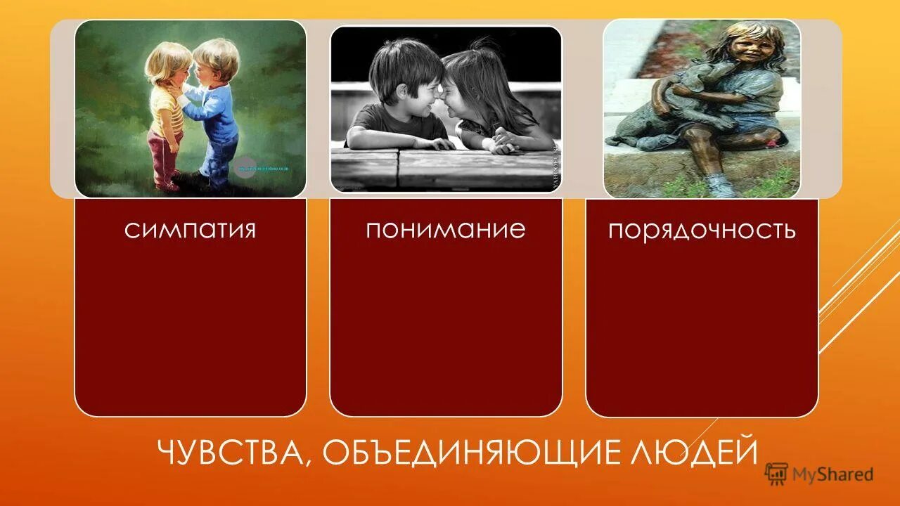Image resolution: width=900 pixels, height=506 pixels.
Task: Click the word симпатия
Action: click(190, 230)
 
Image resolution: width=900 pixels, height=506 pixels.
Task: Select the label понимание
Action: click(445, 229)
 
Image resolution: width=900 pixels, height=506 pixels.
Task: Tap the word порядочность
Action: click(702, 231)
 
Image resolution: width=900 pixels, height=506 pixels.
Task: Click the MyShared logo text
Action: click(832, 474)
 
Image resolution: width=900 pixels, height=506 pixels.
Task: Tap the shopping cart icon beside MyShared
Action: click(776, 474)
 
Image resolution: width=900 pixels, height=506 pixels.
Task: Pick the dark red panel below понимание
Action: click(446, 330)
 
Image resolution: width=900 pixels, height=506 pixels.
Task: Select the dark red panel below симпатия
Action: click(190, 330)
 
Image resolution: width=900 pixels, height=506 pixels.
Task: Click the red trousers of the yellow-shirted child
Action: click(164, 158)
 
